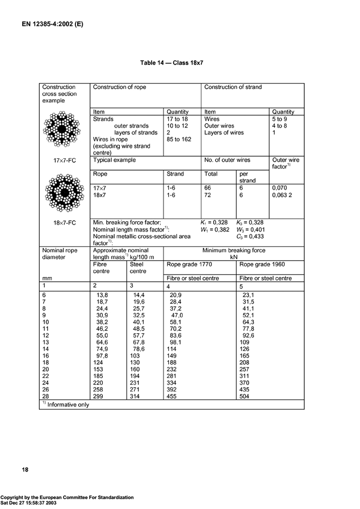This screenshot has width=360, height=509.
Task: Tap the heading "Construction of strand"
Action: (x=233, y=87)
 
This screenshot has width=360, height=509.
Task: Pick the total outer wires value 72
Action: (x=208, y=196)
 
